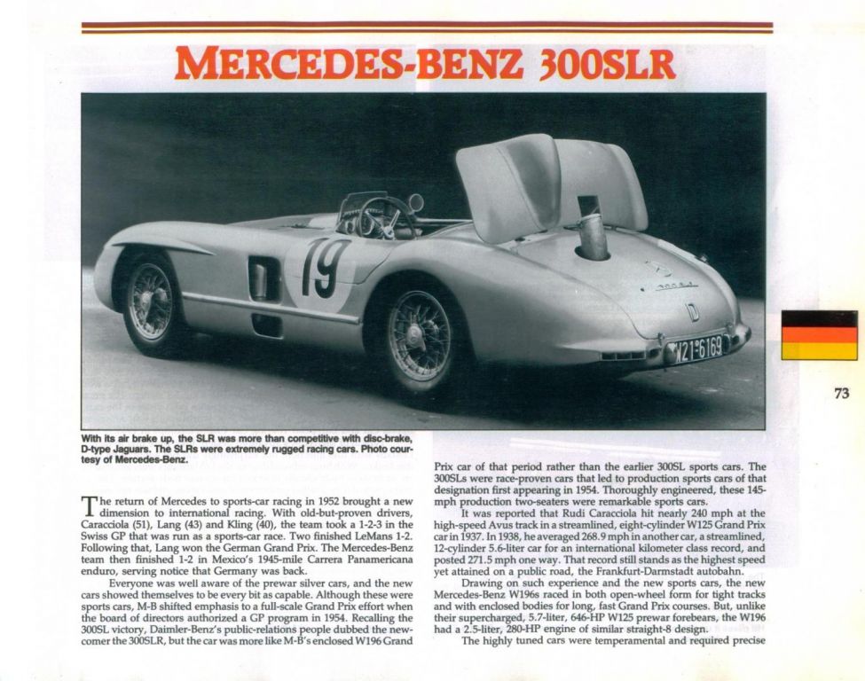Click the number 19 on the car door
pyautogui.click(x=323, y=268)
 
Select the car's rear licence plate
pyautogui.click(x=697, y=347)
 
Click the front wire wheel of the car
pyautogui.click(x=149, y=301)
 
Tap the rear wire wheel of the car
pyautogui.click(x=419, y=334)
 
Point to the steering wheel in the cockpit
pyautogui.click(x=385, y=217)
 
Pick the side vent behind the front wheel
pyautogui.click(x=264, y=278)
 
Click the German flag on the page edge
pyautogui.click(x=819, y=335)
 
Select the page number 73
pyautogui.click(x=842, y=394)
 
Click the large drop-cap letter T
pyautogui.click(x=90, y=506)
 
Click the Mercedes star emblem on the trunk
pyautogui.click(x=658, y=268)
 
